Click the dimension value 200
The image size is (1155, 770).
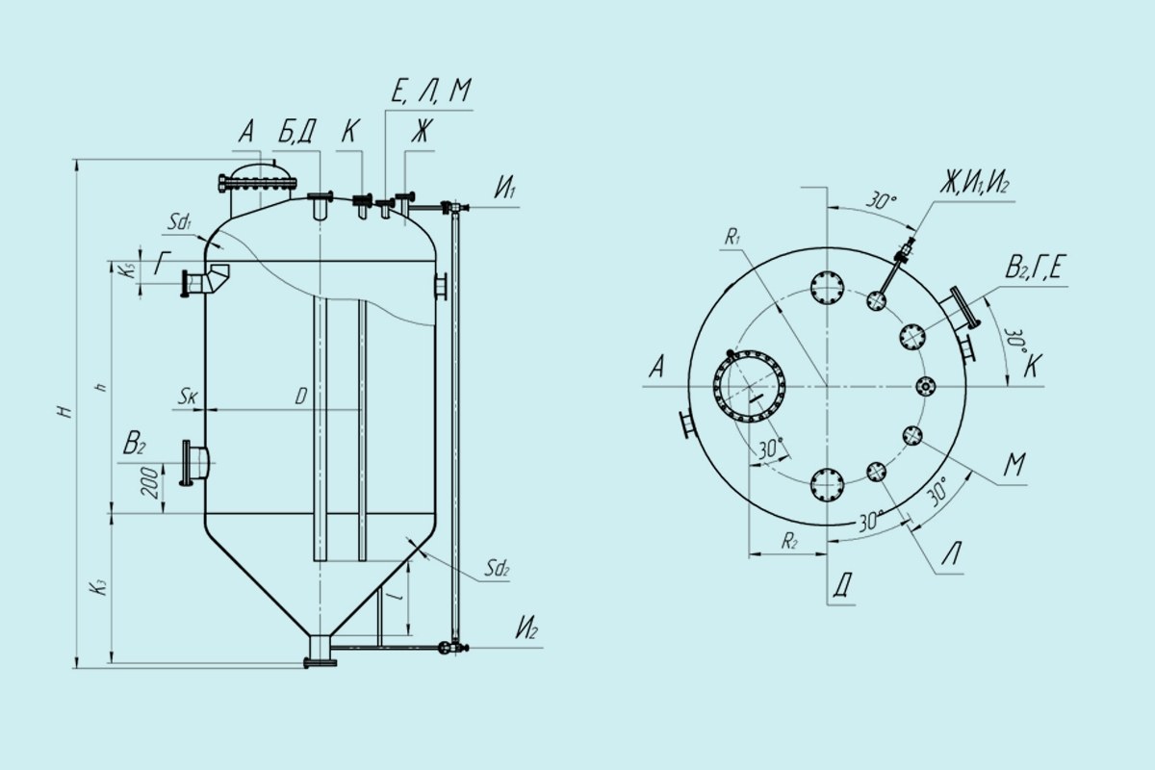[150, 483]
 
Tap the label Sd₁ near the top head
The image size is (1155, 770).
[180, 222]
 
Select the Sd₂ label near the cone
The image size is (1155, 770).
[497, 568]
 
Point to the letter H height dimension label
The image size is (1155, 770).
[65, 412]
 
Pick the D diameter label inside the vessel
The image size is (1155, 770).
[301, 397]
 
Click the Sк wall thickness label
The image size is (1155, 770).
[188, 397]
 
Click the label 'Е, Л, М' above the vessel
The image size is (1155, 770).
[431, 90]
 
